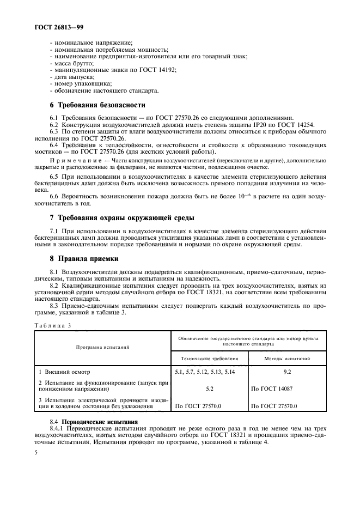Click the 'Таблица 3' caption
[x=53, y=325]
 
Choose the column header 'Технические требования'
[x=210, y=359]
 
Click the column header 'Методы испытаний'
[x=288, y=359]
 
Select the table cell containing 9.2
[x=288, y=372]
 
